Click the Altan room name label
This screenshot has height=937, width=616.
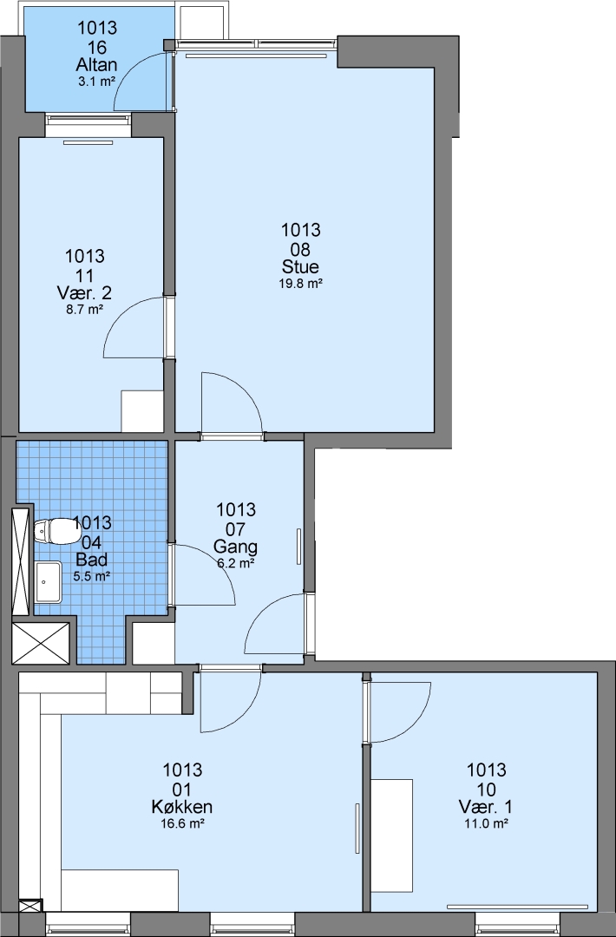tap(96, 64)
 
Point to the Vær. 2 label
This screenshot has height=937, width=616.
tap(84, 293)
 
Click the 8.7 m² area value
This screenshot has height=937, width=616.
tap(84, 310)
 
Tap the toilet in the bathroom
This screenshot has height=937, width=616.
tap(53, 531)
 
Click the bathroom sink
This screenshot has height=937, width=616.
tap(48, 581)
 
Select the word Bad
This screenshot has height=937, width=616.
tap(92, 560)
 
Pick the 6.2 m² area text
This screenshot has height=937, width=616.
tap(236, 563)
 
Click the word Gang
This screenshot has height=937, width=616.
tap(235, 547)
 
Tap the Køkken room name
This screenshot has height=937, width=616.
tap(182, 807)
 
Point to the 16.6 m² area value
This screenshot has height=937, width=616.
tap(182, 823)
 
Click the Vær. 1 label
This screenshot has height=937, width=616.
tap(486, 807)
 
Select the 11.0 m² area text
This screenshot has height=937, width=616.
tap(486, 823)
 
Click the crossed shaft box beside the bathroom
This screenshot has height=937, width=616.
tap(41, 643)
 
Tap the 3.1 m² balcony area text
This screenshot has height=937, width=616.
tap(96, 82)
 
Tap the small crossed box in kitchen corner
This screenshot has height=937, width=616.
tap(31, 905)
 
